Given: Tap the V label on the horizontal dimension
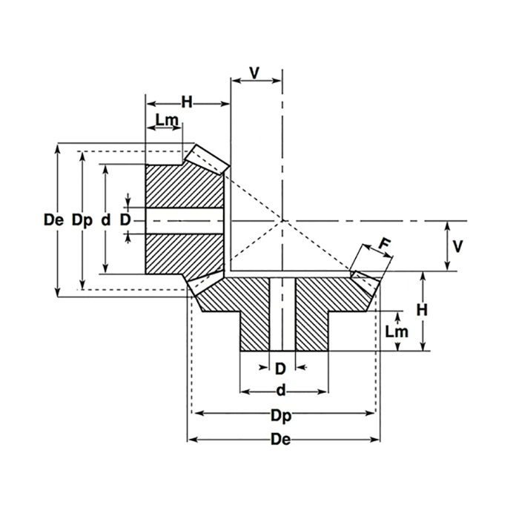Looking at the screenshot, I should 255,73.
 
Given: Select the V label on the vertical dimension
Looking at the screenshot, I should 457,246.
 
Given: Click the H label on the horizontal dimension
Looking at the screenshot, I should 187,103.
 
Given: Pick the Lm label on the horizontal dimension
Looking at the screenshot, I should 166,119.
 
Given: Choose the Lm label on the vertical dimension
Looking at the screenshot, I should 397,331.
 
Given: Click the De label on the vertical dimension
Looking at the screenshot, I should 53,220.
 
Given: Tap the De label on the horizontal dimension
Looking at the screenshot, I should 280,440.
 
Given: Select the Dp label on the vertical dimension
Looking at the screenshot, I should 82,220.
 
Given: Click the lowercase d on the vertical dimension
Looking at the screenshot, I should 106,220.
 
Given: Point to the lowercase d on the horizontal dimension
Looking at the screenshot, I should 280,390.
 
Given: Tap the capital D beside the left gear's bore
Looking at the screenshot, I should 125,220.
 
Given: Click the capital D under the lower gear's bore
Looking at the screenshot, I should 280,368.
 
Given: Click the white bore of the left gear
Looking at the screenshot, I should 185,221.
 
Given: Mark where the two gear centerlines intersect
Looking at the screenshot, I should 282,221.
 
